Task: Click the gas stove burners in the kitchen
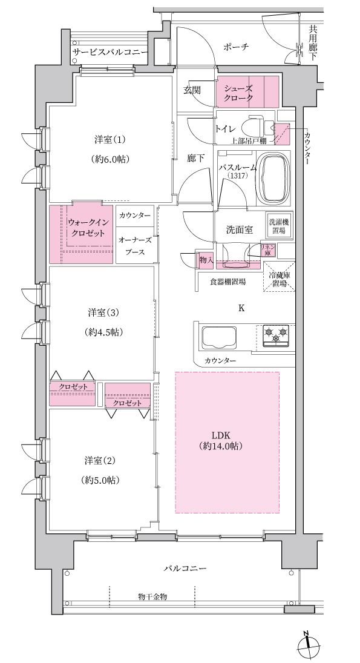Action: click(277, 335)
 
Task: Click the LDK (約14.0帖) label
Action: click(227, 441)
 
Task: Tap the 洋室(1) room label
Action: click(110, 149)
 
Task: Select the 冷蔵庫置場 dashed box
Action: click(280, 277)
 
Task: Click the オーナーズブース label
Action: click(135, 246)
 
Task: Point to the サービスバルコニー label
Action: click(110, 53)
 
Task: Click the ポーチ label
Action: click(237, 47)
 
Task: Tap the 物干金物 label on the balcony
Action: click(152, 596)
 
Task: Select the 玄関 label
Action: click(192, 90)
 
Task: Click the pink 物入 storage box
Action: click(206, 260)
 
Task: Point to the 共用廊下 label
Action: click(313, 42)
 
